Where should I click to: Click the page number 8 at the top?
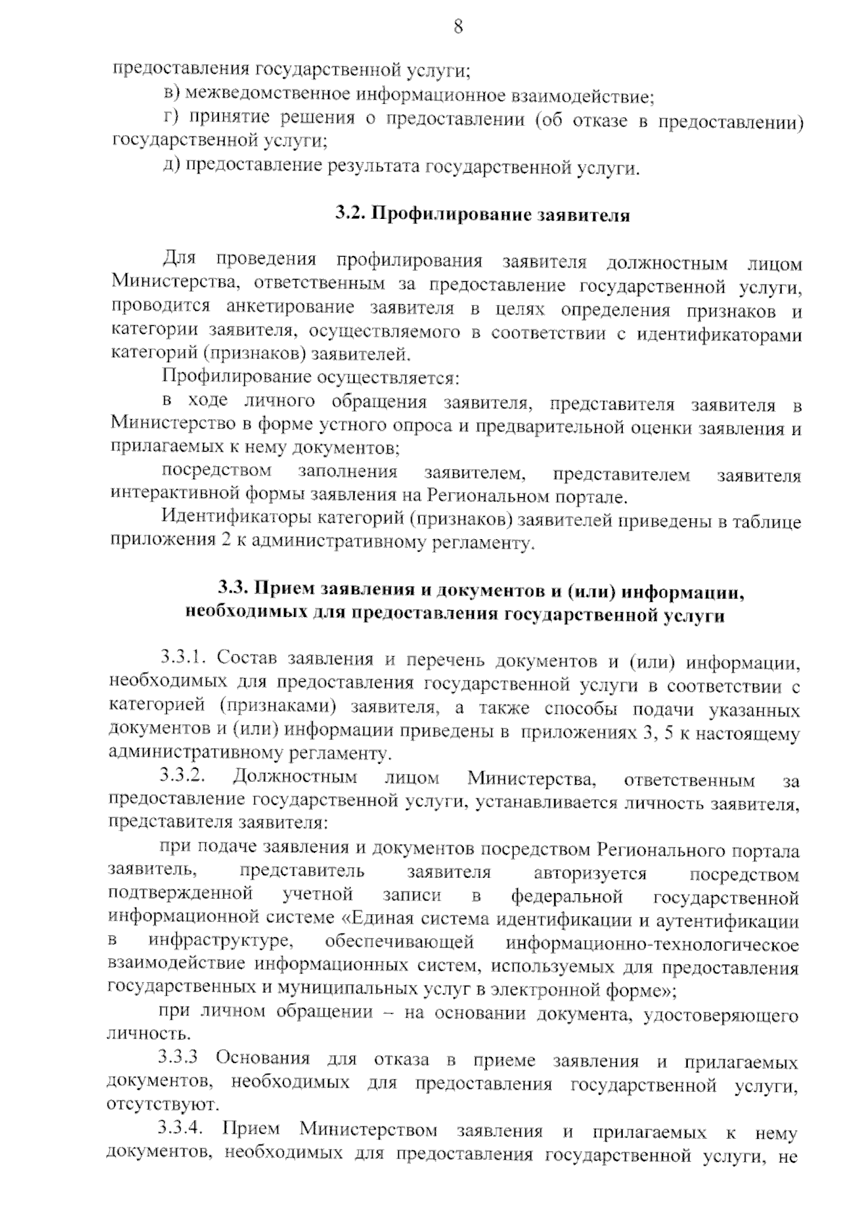coord(457,28)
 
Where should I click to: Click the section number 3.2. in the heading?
coord(351,215)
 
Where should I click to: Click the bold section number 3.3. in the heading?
coord(234,591)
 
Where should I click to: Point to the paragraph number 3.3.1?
coord(183,659)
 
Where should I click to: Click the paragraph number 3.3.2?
coord(183,778)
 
